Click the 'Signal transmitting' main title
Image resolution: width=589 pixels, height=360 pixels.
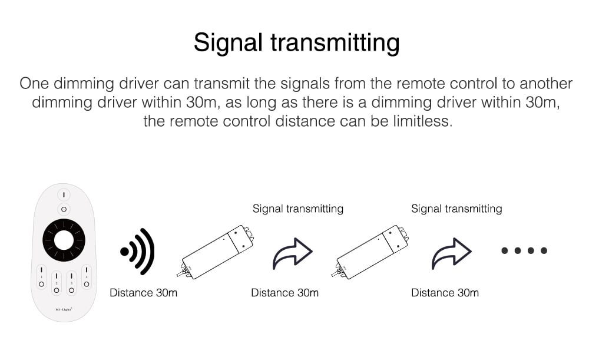click(296, 43)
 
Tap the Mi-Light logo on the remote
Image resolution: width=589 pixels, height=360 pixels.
click(64, 309)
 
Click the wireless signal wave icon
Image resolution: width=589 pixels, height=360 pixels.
click(137, 252)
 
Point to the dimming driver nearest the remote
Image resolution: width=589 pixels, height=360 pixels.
click(216, 252)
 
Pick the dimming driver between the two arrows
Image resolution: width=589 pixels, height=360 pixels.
click(370, 252)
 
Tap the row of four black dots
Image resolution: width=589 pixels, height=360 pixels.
click(524, 250)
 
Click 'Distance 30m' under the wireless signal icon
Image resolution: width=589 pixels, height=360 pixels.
click(144, 293)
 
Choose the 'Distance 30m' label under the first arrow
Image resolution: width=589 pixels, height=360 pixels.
click(284, 293)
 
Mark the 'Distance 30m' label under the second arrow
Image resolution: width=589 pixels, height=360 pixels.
click(445, 293)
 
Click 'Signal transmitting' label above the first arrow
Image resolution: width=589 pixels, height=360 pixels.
click(298, 209)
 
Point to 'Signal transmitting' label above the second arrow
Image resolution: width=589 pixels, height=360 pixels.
click(457, 209)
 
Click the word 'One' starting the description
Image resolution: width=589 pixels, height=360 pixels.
click(34, 84)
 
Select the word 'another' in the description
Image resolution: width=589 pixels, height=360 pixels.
click(546, 84)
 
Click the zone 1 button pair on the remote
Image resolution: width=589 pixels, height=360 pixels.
click(41, 277)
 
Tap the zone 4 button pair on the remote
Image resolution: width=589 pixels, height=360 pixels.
click(87, 277)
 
